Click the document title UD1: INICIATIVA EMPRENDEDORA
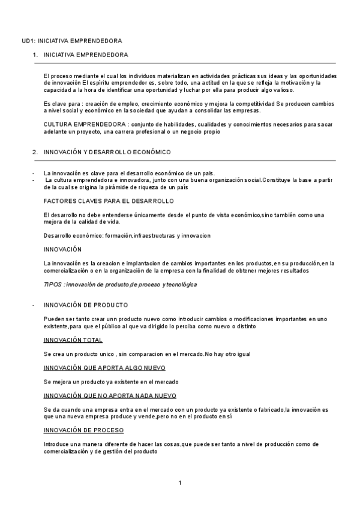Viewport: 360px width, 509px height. pyautogui.click(x=71, y=40)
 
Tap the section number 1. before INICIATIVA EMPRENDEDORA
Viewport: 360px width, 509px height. pyautogui.click(x=35, y=55)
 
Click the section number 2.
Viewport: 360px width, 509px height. pyautogui.click(x=35, y=152)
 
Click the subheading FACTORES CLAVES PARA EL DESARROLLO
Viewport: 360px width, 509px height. pyautogui.click(x=109, y=200)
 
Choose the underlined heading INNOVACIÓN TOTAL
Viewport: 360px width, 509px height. pyautogui.click(x=73, y=340)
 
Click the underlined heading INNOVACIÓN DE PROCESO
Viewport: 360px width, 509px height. pyautogui.click(x=83, y=430)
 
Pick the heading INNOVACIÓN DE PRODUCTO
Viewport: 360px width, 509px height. pyautogui.click(x=86, y=305)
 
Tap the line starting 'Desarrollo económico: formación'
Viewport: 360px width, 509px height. pyautogui.click(x=127, y=235)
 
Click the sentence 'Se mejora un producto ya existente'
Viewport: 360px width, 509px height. pyautogui.click(x=111, y=382)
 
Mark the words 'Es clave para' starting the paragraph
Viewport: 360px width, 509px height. pyautogui.click(x=62, y=104)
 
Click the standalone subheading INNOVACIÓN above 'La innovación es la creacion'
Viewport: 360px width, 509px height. pyautogui.click(x=63, y=249)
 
